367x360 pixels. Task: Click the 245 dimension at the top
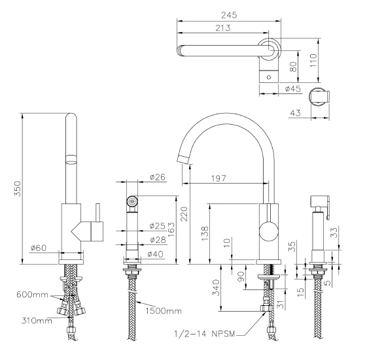229,15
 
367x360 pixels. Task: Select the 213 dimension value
223,28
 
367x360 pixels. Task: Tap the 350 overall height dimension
17,188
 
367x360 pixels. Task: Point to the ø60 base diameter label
39,248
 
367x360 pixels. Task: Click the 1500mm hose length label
163,311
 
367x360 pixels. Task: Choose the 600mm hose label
32,295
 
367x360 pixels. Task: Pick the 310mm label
37,321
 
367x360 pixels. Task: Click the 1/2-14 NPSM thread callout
204,334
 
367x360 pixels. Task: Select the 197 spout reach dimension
218,178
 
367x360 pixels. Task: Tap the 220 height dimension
184,214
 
